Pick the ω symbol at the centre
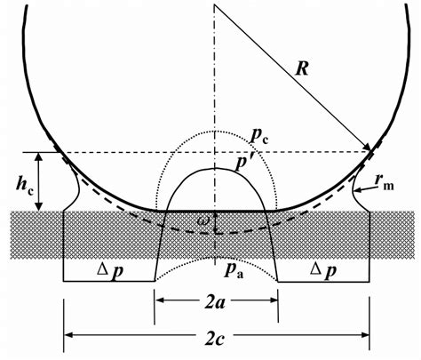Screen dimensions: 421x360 click(x=205, y=220)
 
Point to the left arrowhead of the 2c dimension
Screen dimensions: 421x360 click(x=67, y=335)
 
